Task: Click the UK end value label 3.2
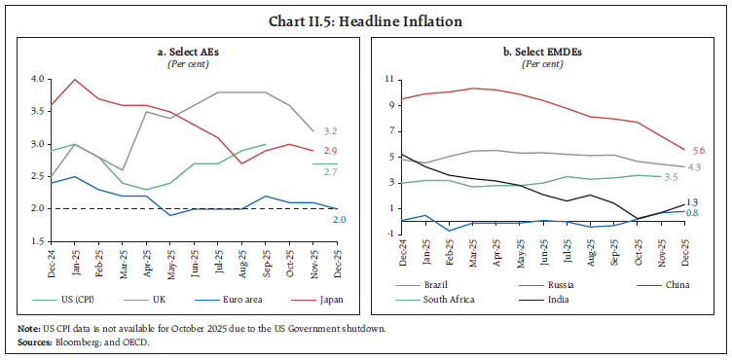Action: click(x=330, y=130)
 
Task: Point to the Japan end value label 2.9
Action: click(x=330, y=151)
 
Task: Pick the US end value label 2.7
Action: click(x=330, y=171)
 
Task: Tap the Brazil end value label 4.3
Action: click(x=695, y=167)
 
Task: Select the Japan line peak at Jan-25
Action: click(x=76, y=80)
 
